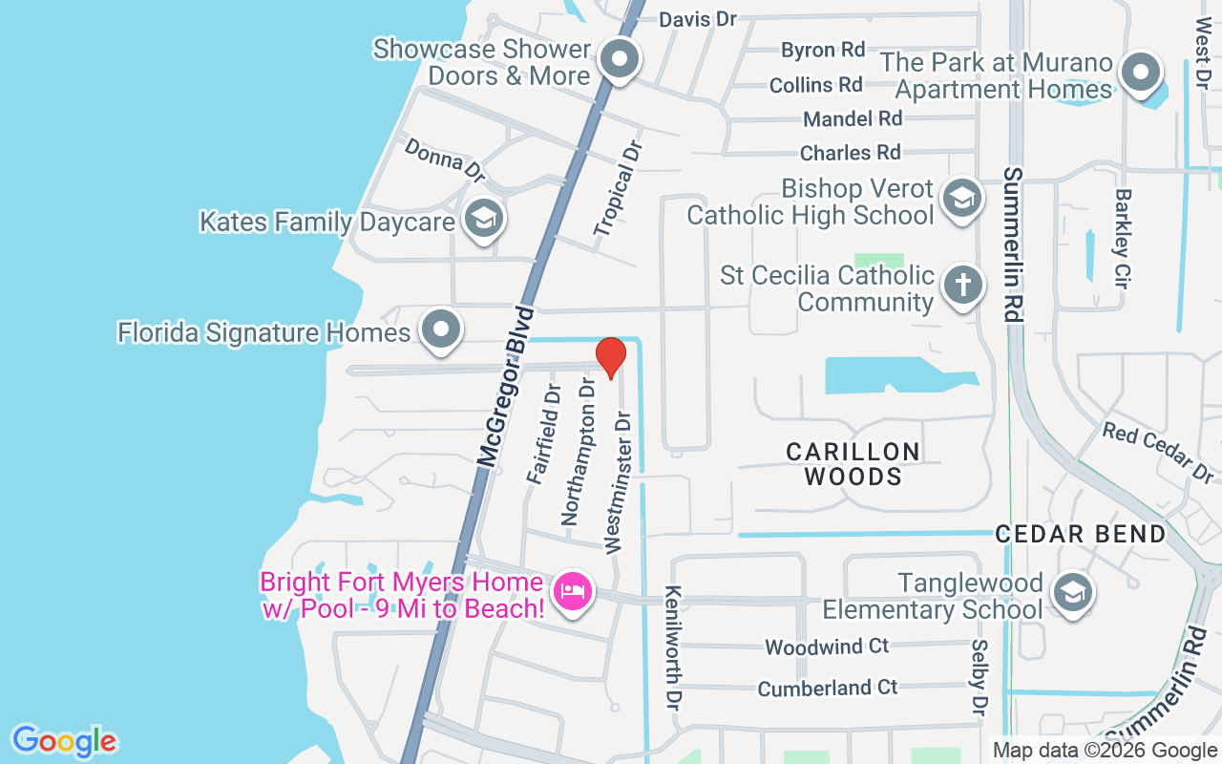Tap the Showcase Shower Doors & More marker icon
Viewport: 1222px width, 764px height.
point(621,60)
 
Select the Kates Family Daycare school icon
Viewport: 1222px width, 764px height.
point(484,219)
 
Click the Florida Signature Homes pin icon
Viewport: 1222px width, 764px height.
point(440,330)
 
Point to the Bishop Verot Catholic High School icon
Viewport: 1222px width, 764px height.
point(960,199)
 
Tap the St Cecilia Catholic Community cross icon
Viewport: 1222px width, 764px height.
point(963,286)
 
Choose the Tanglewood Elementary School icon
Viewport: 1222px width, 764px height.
point(1072,594)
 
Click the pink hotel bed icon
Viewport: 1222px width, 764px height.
point(573,592)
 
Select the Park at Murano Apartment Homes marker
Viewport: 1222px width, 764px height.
point(1140,73)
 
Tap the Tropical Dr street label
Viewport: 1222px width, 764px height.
point(619,188)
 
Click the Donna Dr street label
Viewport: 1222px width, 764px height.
point(445,159)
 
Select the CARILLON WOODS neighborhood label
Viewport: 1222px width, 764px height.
point(853,463)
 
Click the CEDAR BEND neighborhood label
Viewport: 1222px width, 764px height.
point(1081,534)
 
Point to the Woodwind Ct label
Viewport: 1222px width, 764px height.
point(827,647)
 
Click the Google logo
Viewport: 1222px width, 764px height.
point(64,741)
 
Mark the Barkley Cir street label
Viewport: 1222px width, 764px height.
point(1123,238)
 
